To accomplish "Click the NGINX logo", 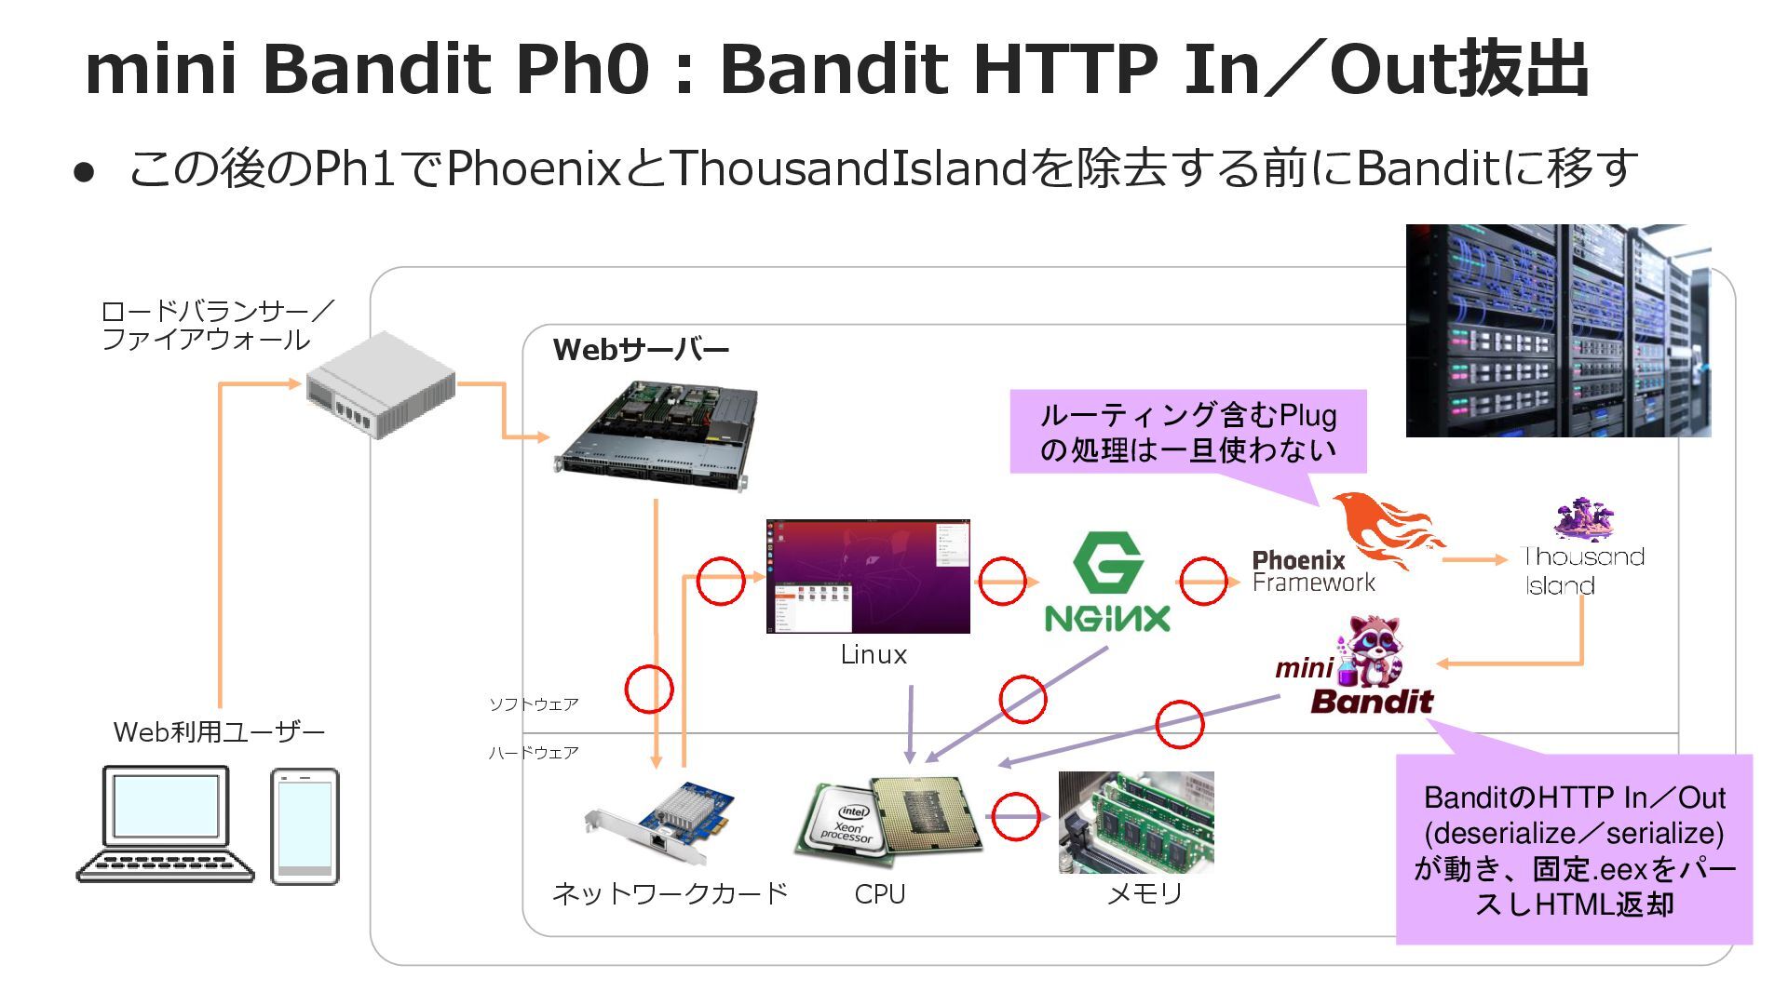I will (1107, 583).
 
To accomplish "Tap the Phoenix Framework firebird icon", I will (1388, 529).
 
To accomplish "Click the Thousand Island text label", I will (1583, 570).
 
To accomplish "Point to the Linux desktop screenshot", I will (868, 576).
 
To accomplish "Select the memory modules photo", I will (1136, 822).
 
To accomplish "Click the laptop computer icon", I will (166, 824).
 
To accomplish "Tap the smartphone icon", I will (305, 826).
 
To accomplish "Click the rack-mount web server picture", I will (656, 435).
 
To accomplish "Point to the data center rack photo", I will (1557, 330).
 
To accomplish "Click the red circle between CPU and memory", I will (1015, 817).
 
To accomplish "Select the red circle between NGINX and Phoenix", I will (1203, 582).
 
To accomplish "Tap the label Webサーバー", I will (641, 350).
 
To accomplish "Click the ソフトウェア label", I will (534, 704).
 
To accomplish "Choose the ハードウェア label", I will (534, 753).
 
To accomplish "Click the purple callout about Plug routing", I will (1187, 432).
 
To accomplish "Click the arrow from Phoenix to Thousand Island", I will (1474, 559).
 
